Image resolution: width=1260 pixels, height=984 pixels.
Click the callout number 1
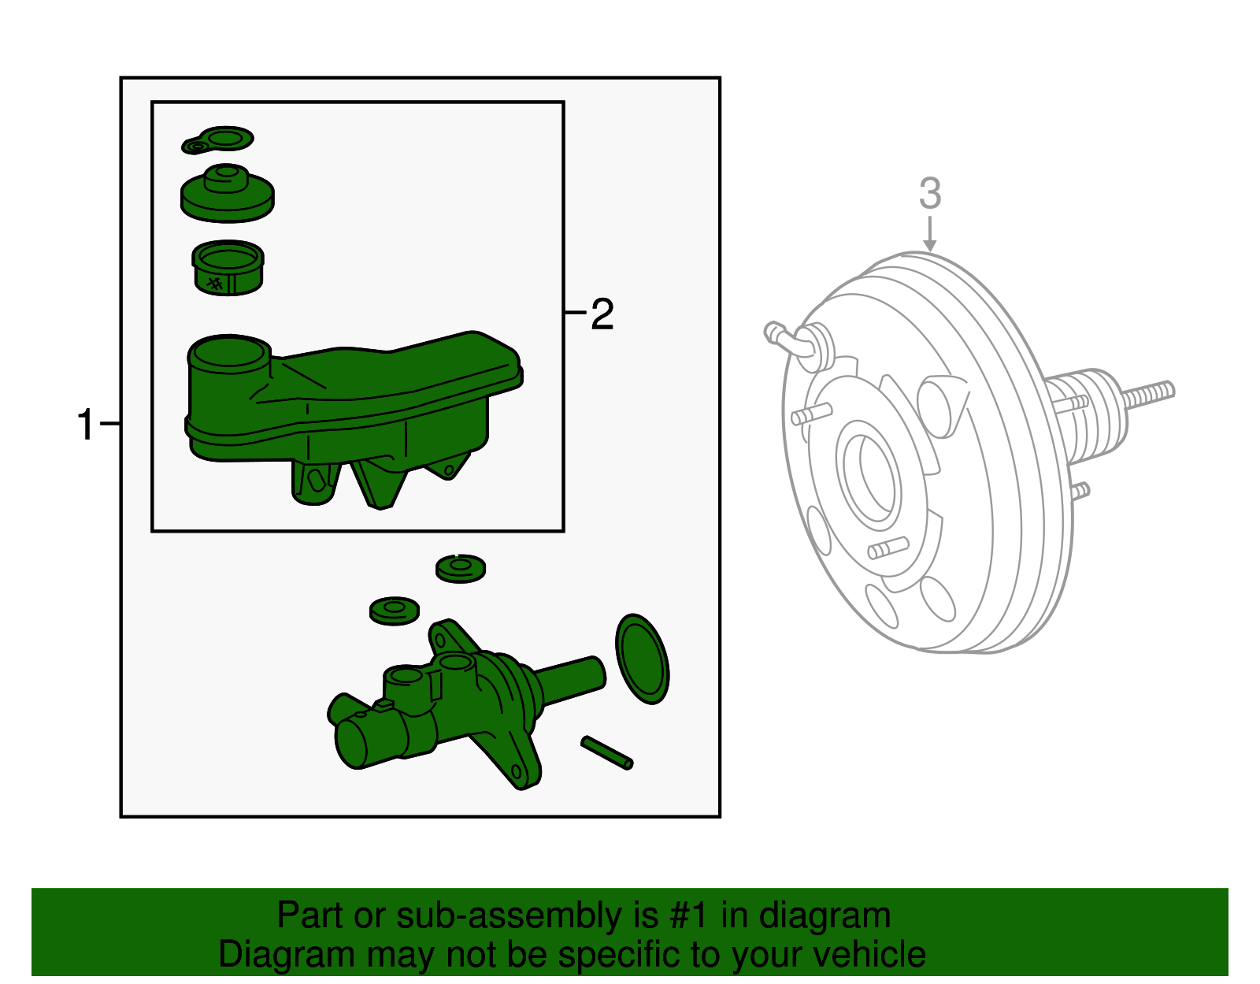[86, 425]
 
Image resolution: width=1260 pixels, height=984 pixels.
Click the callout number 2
[602, 314]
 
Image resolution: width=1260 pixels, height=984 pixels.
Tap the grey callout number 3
[930, 193]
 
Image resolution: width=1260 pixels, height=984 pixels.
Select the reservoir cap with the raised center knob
[227, 194]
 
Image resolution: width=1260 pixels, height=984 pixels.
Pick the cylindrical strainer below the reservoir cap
[228, 268]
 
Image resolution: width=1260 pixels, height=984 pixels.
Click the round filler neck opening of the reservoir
[229, 351]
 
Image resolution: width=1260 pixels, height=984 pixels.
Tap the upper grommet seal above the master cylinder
[461, 568]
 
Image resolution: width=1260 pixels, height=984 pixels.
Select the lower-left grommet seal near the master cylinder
[395, 611]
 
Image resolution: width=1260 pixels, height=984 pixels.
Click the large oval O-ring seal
[643, 659]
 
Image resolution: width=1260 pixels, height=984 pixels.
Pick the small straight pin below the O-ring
[606, 752]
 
